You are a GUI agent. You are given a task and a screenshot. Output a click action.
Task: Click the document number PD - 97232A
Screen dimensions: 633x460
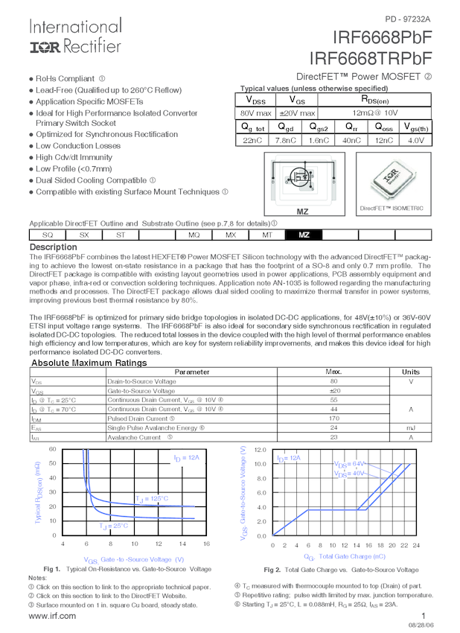(407, 19)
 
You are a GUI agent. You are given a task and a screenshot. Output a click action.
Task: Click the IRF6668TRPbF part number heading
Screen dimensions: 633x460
(370, 58)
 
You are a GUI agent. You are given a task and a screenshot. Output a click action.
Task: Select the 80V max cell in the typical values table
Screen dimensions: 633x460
(256, 112)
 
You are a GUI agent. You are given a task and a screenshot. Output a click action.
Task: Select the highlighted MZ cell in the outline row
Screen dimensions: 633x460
(304, 235)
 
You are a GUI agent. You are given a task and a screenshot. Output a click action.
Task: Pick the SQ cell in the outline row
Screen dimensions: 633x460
(47, 235)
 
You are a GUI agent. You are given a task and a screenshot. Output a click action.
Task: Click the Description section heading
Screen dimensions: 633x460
(53, 247)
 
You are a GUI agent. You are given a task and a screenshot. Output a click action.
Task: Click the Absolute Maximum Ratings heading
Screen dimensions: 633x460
(89, 363)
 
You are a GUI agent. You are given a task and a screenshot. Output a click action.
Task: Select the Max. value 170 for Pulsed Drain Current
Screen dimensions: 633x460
(334, 419)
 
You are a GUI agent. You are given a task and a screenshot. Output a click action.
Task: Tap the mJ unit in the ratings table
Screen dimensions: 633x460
(410, 428)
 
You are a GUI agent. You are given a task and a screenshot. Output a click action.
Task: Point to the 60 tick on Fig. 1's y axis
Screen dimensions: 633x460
(53, 449)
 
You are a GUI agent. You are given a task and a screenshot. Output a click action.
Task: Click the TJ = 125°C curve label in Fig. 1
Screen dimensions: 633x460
(151, 498)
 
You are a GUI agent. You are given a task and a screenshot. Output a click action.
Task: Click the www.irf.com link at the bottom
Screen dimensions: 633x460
(51, 616)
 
